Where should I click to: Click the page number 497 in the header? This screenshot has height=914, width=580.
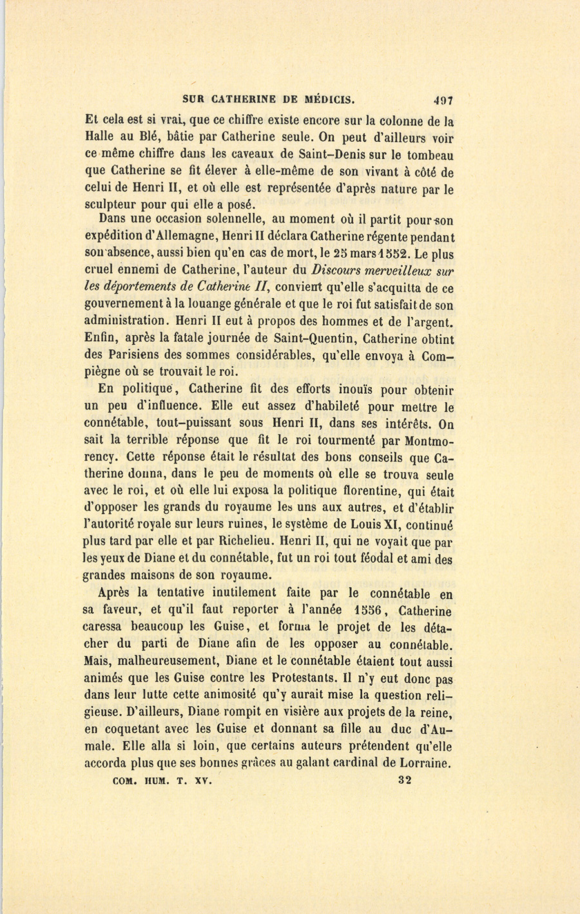(443, 101)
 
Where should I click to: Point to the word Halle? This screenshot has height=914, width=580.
(100, 137)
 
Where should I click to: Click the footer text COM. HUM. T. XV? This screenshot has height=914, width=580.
(153, 780)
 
